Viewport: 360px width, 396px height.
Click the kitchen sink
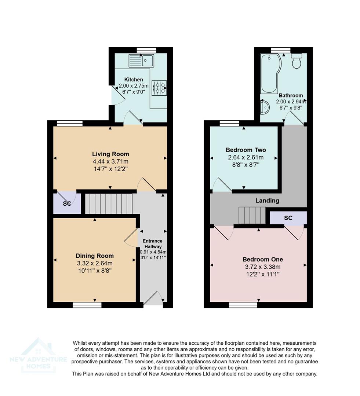(x=141, y=60)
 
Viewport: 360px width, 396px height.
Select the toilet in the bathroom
(x=297, y=61)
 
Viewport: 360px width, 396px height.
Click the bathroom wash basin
(x=265, y=107)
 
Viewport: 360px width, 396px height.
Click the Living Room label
(x=110, y=154)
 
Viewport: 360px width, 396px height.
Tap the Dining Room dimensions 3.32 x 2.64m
(x=95, y=263)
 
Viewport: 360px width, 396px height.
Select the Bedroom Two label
(x=246, y=150)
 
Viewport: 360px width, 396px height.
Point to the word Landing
(x=268, y=201)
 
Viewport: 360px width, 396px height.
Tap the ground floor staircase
(x=109, y=203)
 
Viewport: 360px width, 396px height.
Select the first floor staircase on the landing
(x=252, y=215)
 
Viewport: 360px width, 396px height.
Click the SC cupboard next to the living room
(x=67, y=203)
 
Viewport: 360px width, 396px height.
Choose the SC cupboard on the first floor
(x=288, y=218)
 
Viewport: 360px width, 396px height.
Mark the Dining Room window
(x=87, y=304)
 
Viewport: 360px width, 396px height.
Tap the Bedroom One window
(x=243, y=304)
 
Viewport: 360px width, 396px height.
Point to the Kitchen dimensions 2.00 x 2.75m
(x=134, y=86)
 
